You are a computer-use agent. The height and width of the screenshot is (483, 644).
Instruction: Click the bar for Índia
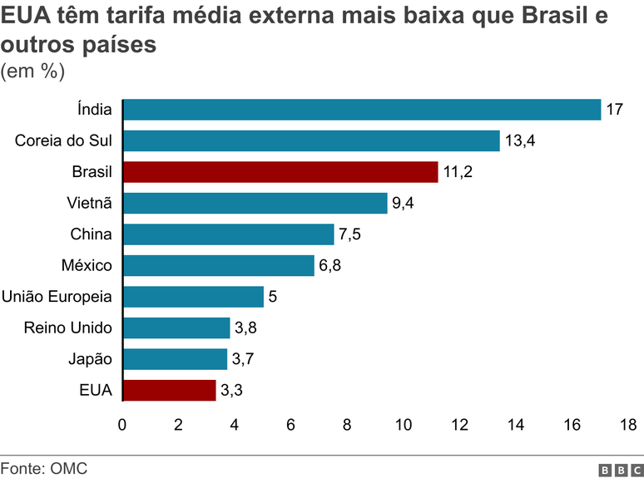click(362, 110)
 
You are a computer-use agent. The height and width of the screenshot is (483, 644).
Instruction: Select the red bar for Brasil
click(280, 172)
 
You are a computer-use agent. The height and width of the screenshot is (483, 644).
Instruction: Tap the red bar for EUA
click(170, 390)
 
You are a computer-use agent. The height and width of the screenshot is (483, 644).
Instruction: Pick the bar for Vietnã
click(255, 203)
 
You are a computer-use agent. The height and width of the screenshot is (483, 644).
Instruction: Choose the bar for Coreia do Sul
click(311, 140)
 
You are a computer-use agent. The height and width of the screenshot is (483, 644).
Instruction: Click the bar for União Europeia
click(193, 297)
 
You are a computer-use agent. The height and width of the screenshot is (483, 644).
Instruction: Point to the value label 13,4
click(520, 140)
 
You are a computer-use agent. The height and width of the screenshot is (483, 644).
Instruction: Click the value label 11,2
click(458, 172)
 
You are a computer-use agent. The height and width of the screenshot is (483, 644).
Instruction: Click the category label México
click(87, 265)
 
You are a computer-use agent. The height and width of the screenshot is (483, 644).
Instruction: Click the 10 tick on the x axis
click(404, 425)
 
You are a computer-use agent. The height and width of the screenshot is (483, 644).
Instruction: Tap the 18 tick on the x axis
click(628, 425)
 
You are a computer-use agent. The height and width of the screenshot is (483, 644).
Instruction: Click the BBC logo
click(617, 471)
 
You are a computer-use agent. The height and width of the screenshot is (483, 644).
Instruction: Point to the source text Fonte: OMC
click(43, 469)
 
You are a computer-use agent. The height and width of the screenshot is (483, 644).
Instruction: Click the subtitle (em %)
click(32, 71)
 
